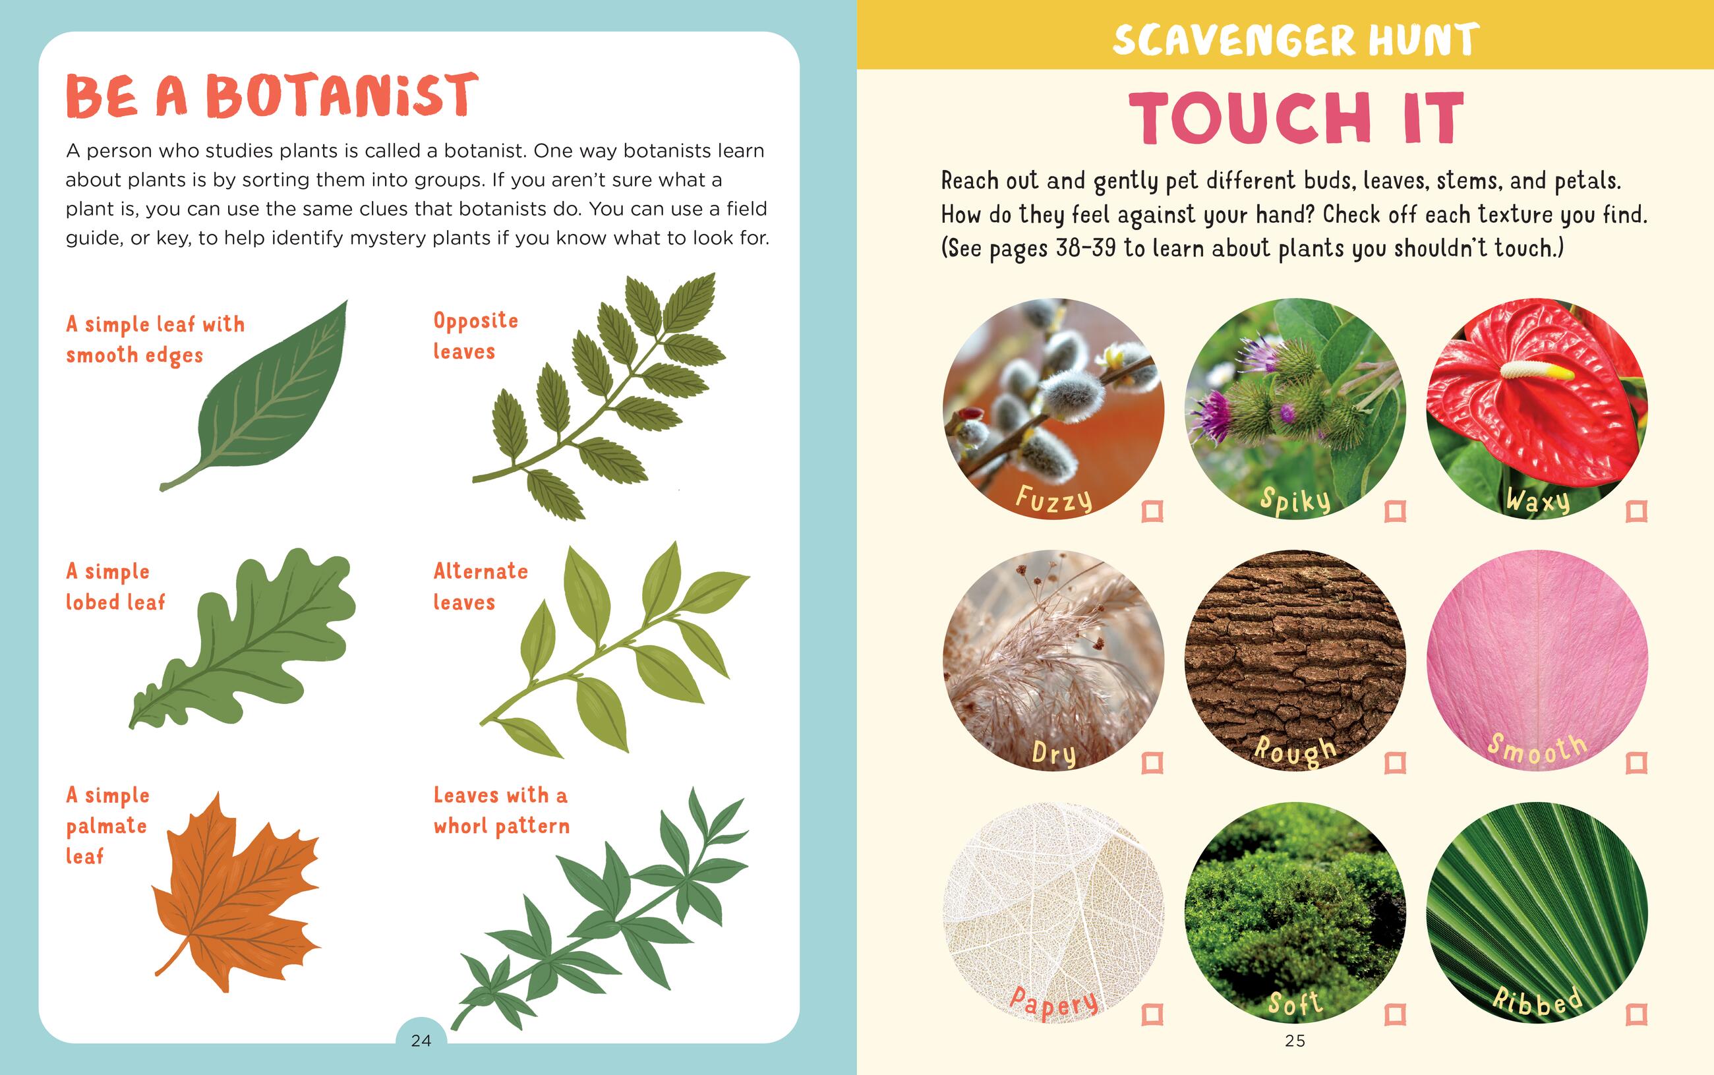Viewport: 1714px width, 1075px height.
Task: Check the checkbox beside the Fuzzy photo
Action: (1152, 511)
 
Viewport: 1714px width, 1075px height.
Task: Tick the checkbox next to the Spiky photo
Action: (1395, 511)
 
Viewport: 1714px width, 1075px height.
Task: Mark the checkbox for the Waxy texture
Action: (1636, 511)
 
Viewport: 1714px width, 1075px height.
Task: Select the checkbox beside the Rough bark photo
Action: (1395, 763)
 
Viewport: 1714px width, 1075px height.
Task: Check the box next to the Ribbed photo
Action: (1636, 1014)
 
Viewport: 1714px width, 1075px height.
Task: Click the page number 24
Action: (421, 1041)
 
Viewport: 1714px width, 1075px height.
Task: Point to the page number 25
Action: (1295, 1041)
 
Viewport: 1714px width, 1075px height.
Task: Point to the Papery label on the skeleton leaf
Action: (1053, 1002)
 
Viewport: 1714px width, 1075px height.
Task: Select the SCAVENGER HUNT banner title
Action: (1295, 39)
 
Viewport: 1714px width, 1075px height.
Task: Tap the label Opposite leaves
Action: (475, 335)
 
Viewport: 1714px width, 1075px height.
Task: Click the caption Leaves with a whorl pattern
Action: (501, 811)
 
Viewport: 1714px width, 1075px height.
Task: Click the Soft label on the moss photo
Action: (1295, 1003)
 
